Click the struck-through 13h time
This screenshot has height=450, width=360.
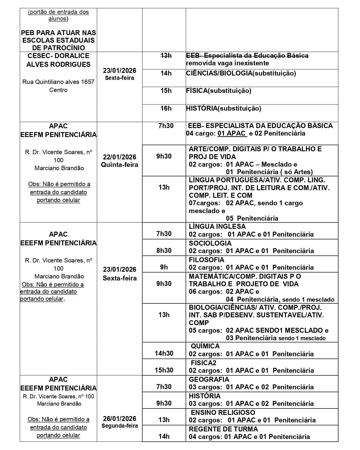click(166, 55)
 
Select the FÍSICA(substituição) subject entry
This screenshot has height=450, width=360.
click(218, 91)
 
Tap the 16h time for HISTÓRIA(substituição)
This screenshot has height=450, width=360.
click(166, 108)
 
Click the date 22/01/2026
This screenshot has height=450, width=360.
click(120, 157)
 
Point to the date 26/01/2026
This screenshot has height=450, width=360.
click(120, 419)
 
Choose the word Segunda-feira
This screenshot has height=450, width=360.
click(120, 426)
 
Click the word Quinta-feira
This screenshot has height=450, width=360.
click(120, 165)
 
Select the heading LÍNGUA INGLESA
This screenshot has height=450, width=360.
click(217, 226)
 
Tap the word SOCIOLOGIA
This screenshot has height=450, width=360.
click(210, 243)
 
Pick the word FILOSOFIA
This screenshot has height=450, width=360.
click(207, 260)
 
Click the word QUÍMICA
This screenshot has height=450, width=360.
click(205, 346)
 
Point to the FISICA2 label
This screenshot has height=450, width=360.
click(203, 363)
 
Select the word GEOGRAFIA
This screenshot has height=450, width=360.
click(209, 379)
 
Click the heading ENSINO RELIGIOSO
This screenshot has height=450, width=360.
click(223, 413)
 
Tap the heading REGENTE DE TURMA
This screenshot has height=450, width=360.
click(223, 429)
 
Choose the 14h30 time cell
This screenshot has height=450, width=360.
click(164, 353)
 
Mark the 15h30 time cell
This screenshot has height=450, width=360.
click(164, 370)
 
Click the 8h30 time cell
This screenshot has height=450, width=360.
click(164, 251)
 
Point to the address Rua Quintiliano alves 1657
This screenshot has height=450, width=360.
click(58, 82)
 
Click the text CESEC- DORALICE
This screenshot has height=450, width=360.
click(58, 56)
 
